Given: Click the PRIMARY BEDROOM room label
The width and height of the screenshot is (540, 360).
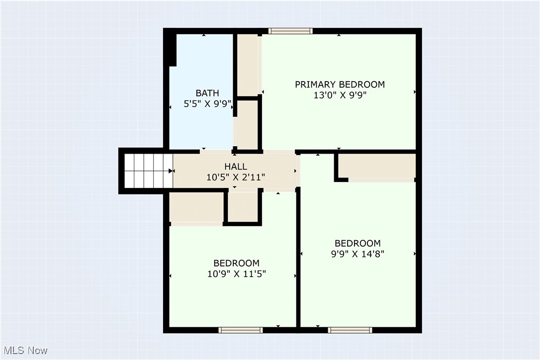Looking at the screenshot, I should pos(340,85).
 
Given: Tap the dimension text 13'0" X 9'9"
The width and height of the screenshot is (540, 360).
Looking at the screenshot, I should pos(340,95).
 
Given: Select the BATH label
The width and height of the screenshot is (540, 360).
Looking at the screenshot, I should pos(207,93).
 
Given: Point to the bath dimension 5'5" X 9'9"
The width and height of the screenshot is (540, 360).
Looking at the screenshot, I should pos(207,104).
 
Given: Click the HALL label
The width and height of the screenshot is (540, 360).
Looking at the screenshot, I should pos(236,167).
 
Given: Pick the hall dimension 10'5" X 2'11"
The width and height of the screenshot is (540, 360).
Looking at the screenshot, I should pos(236,177).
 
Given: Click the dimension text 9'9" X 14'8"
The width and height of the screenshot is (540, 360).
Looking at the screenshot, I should pos(358,254).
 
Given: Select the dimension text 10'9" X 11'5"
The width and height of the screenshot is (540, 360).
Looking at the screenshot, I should pos(236,273).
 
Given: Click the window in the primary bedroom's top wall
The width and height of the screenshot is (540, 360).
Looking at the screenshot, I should pos(290,31).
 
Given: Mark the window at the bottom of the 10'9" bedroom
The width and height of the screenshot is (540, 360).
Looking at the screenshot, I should pos(241,330).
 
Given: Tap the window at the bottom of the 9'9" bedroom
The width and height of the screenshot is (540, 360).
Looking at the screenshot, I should pos(350,330).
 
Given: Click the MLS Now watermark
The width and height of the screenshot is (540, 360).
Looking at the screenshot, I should pos(24,351).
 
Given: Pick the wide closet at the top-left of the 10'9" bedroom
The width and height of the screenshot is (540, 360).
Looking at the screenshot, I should pos(196,207).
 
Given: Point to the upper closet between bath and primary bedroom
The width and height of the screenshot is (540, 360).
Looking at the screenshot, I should pos(247,65).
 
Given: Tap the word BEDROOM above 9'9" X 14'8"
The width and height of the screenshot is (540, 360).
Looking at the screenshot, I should pos(358,243).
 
